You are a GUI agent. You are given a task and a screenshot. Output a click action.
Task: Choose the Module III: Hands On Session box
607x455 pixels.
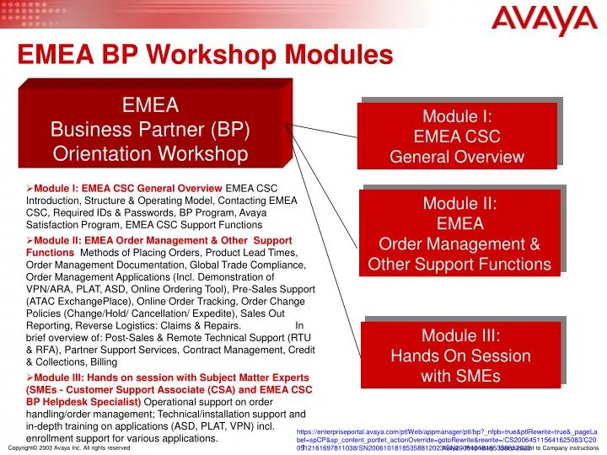click(x=460, y=355)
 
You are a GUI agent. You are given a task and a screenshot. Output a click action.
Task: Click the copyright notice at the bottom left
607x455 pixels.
click(x=68, y=448)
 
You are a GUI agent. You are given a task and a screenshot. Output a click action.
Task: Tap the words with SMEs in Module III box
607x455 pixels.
click(x=460, y=376)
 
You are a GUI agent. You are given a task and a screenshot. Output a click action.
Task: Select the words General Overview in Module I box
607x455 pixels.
click(x=460, y=158)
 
